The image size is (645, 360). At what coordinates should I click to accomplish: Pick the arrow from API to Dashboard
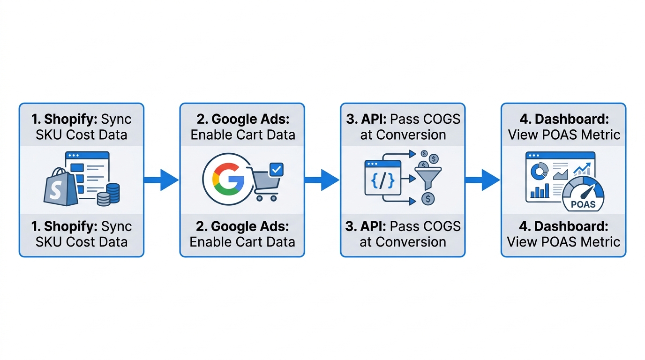pos(482,180)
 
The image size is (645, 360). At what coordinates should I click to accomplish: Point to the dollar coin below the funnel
pos(428,199)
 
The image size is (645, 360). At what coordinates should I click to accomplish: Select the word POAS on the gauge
pos(584,204)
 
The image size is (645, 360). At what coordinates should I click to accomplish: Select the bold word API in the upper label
pos(372,119)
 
